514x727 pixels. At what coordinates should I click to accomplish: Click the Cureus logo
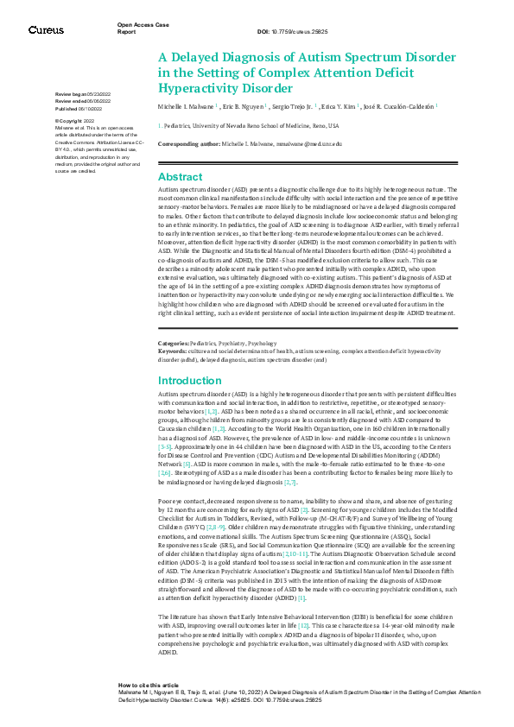46,30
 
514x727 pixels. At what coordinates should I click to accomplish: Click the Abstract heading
179,177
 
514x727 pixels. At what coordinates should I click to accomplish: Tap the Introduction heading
189,381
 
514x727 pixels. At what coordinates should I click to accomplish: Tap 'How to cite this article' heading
149,683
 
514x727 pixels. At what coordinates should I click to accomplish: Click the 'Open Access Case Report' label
143,28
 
